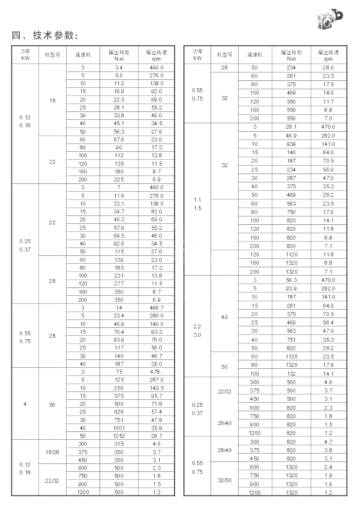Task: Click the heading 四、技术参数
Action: click(x=45, y=35)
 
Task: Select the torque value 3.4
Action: click(x=119, y=67)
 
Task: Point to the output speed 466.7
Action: click(x=156, y=307)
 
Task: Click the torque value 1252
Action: click(x=119, y=436)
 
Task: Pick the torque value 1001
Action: click(x=119, y=428)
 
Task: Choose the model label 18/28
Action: click(x=52, y=452)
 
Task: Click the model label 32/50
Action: click(x=224, y=480)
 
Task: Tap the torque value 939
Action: click(x=291, y=143)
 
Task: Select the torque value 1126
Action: click(x=291, y=356)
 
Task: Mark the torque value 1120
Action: click(x=291, y=254)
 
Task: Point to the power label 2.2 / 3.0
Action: click(x=197, y=330)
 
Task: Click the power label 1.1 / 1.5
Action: click(x=197, y=204)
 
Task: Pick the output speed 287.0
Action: click(x=156, y=380)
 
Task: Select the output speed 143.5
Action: click(x=156, y=388)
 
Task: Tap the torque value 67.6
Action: click(x=119, y=140)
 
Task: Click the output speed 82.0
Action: click(x=156, y=212)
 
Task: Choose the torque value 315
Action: click(x=119, y=444)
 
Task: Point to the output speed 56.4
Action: click(x=328, y=322)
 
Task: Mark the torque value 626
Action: click(x=119, y=412)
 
